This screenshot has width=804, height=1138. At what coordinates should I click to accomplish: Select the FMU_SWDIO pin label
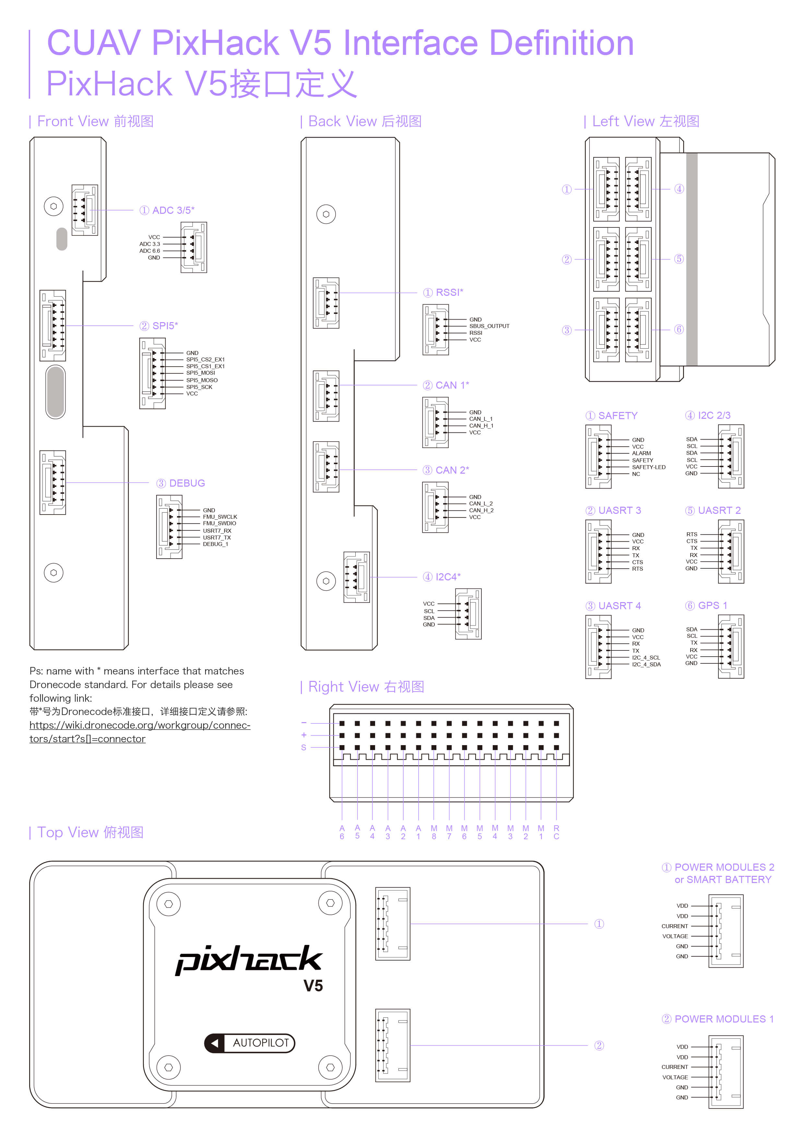219,523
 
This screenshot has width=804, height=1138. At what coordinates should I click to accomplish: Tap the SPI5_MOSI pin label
201,373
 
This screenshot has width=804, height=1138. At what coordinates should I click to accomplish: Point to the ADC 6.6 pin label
149,251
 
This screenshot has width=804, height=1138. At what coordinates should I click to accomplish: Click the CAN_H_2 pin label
481,511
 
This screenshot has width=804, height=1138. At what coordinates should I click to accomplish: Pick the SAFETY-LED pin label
648,467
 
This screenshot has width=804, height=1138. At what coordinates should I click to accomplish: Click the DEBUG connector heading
181,483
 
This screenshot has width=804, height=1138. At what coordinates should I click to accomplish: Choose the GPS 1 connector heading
706,606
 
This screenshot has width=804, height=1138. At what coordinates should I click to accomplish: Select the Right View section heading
363,687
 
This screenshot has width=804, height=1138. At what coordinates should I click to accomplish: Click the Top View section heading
87,833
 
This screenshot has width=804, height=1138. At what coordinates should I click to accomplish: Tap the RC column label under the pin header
556,832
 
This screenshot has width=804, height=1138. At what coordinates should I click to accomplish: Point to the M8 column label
434,832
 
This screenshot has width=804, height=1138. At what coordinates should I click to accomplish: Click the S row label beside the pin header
304,747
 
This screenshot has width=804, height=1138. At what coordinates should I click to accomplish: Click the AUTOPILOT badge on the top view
250,1043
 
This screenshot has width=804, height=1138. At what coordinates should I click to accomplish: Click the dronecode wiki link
140,732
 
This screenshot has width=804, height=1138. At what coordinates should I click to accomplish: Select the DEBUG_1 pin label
216,544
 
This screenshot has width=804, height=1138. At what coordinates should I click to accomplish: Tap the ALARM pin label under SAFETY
642,454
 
